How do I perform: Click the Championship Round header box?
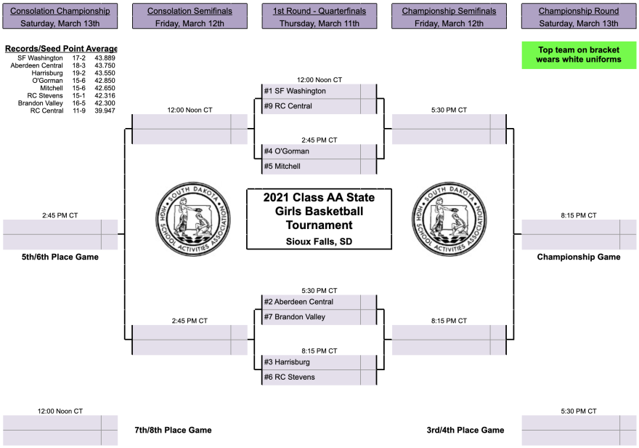(579, 16)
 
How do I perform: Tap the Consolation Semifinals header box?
(190, 16)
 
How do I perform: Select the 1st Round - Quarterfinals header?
(319, 16)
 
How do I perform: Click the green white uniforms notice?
(579, 55)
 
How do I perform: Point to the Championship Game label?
(579, 257)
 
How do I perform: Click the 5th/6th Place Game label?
(60, 257)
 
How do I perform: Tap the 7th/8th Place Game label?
(174, 430)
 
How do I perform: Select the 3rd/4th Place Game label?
(465, 430)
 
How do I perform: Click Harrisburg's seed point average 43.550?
(105, 73)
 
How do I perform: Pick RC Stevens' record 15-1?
(79, 95)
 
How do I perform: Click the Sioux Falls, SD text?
(319, 241)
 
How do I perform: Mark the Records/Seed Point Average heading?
(60, 49)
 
